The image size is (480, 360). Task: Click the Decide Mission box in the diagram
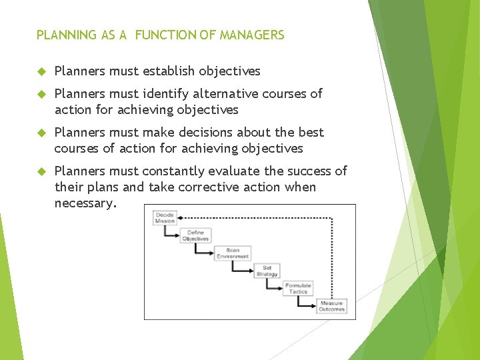point(165,218)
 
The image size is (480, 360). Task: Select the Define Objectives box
point(195,236)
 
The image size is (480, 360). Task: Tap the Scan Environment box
point(233,253)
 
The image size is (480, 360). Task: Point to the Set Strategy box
point(267,271)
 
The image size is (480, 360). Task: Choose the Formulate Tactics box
point(298,288)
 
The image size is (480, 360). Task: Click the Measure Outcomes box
point(331,306)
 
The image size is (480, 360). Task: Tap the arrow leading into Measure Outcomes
point(311,306)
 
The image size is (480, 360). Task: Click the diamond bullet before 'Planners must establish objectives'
point(41,71)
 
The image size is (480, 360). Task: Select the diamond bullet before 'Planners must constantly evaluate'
point(41,171)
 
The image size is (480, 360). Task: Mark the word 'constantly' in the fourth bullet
point(188,171)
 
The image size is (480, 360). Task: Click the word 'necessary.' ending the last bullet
point(85,203)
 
